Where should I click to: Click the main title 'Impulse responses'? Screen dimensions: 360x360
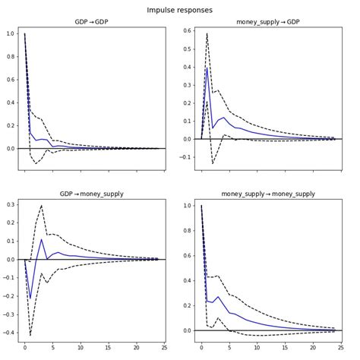(x=180, y=10)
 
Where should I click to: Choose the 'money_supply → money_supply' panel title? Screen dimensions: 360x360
(x=267, y=194)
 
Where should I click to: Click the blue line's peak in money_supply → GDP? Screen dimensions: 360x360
(x=207, y=68)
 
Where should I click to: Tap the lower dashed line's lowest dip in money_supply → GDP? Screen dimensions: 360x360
(x=213, y=163)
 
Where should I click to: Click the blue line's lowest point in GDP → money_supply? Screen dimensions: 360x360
(x=30, y=298)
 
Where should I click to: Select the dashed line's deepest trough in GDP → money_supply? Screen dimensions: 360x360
(x=30, y=335)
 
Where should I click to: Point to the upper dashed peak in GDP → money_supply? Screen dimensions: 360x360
(x=42, y=205)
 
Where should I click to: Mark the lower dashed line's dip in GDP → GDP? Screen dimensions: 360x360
(x=36, y=163)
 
